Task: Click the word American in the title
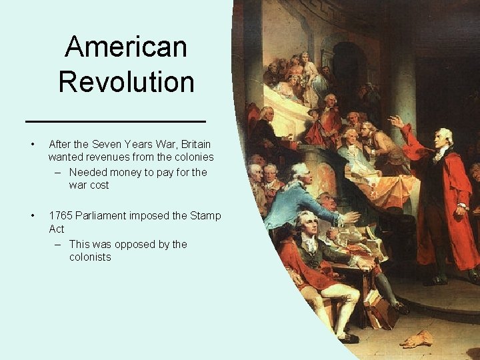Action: [126, 47]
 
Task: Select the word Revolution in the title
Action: [126, 82]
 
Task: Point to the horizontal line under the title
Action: [115, 121]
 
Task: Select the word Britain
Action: [194, 144]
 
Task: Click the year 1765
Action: [61, 215]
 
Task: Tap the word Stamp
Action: [206, 215]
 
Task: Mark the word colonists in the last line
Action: [90, 257]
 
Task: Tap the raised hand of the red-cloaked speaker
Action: [396, 121]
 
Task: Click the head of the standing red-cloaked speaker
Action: [444, 137]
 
